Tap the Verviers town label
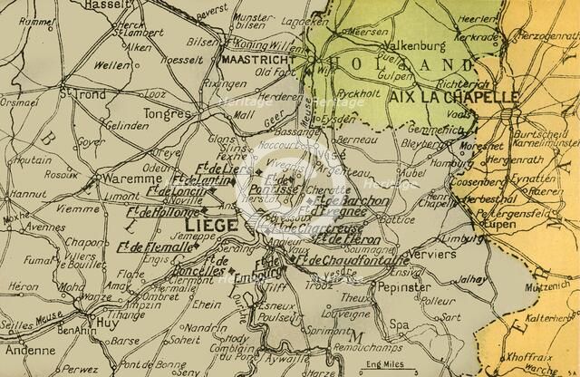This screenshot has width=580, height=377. click(430, 255)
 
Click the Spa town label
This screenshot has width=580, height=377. click(400, 323)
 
